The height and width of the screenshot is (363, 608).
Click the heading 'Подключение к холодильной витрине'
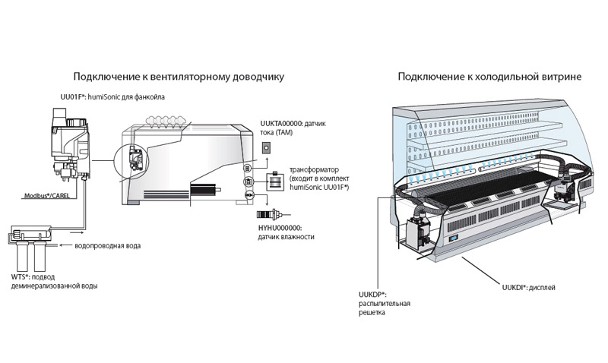click(490, 77)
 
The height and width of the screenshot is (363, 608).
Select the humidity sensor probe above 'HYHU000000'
click(270, 212)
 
